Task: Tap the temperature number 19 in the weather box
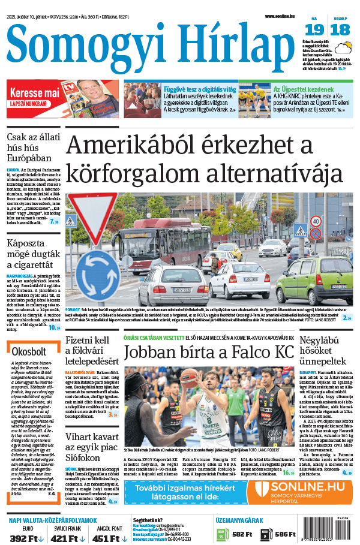[313, 29]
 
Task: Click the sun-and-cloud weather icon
[343, 48]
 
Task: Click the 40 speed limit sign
[316, 221]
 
